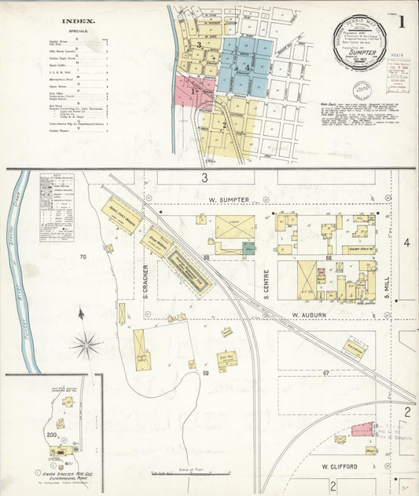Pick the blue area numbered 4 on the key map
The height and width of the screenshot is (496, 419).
246,67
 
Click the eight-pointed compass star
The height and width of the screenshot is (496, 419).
86,344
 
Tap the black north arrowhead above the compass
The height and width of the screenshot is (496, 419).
81,313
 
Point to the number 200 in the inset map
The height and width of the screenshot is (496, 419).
53,434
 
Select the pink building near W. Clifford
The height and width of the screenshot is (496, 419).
362,429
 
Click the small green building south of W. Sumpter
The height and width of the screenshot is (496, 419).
248,248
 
